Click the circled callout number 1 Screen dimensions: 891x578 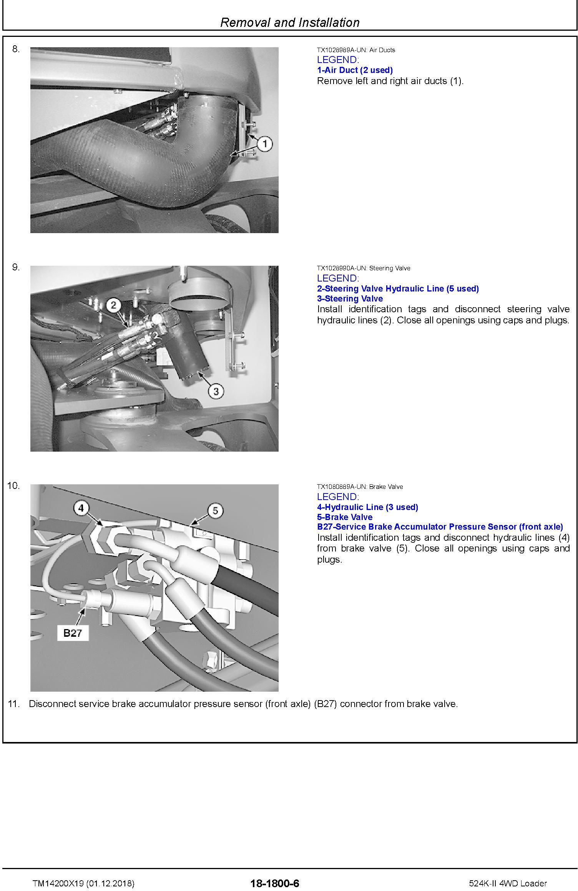point(264,144)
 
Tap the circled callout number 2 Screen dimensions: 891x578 point(113,305)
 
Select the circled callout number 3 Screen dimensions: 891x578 point(216,391)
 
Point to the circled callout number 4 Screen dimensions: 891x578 point(81,508)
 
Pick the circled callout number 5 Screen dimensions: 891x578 point(215,510)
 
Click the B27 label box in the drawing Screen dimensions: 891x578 point(73,633)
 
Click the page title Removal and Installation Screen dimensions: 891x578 point(290,22)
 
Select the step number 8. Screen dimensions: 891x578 point(16,49)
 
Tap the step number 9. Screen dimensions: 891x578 point(16,267)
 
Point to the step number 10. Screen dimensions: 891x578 point(13,486)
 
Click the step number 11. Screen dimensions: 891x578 point(13,704)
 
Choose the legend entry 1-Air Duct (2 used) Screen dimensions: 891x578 point(355,70)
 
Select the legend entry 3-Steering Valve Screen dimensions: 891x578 point(350,299)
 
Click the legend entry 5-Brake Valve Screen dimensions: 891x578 point(345,517)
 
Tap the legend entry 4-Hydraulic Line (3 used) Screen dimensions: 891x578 point(367,507)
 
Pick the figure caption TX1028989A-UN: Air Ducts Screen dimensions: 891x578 point(356,50)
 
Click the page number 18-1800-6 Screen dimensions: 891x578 point(274,873)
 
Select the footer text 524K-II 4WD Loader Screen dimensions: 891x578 point(508,873)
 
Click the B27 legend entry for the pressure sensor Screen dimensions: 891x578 point(440,527)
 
